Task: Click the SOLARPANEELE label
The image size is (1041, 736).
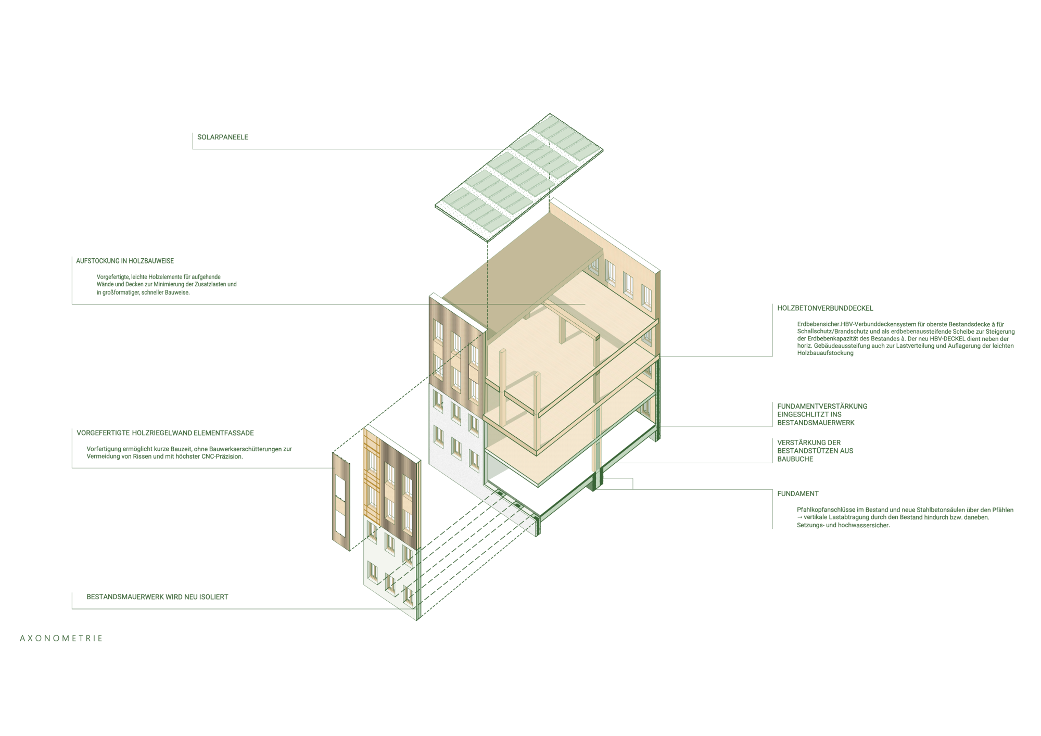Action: [x=223, y=137]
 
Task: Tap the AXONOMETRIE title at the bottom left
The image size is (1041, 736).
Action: [x=61, y=638]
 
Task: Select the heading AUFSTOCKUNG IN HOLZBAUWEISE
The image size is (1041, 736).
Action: [x=125, y=261]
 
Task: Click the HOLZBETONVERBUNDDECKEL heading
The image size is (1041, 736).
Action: [x=825, y=308]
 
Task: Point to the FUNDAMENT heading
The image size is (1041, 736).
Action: [x=798, y=493]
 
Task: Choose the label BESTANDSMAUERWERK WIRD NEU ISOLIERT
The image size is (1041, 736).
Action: [x=157, y=597]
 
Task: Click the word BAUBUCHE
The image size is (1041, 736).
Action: [x=795, y=459]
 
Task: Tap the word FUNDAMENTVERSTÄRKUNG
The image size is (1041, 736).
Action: [x=822, y=406]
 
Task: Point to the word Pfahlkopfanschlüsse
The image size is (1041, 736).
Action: [x=824, y=510]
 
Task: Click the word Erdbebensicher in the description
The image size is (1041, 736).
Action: [x=819, y=324]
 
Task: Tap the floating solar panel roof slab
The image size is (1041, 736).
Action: [x=519, y=177]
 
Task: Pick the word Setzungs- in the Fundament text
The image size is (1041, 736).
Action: [x=810, y=525]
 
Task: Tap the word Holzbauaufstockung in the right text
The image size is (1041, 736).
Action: [x=826, y=353]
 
